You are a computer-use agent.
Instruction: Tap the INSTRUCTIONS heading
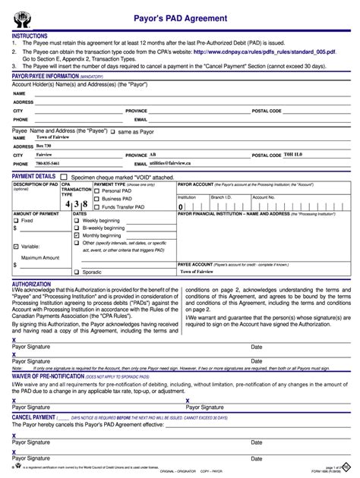30,36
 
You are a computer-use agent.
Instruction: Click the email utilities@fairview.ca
175,163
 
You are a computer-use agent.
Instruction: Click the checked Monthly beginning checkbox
77,235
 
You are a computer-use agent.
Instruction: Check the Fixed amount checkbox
17,220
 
